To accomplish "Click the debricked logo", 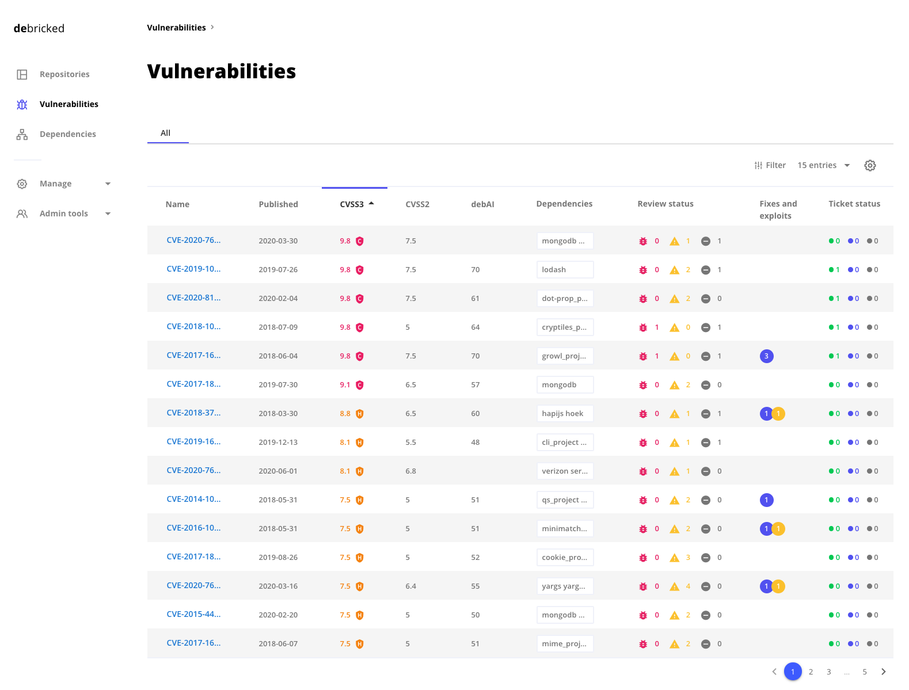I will tap(39, 28).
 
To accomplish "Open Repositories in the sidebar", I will tap(64, 74).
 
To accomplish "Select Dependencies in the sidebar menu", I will tap(67, 134).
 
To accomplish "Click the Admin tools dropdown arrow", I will tap(108, 214).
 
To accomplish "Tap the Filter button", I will tap(770, 165).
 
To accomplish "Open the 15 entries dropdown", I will tap(823, 165).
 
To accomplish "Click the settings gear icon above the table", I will tap(870, 166).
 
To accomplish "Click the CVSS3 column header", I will tap(352, 204).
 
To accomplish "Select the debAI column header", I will tap(482, 204).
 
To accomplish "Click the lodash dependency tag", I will tap(564, 269).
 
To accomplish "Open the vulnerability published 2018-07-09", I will tap(193, 326).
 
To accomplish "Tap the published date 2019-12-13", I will tap(278, 443).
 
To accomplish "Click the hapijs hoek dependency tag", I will tap(564, 413).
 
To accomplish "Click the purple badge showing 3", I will tap(766, 356).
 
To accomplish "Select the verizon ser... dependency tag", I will tap(564, 471).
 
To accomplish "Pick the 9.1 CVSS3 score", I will tap(345, 385).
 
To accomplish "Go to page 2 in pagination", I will tap(811, 672).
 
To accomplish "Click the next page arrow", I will tap(883, 672).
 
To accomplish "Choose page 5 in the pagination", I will tap(864, 672).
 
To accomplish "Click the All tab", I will tap(165, 133).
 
